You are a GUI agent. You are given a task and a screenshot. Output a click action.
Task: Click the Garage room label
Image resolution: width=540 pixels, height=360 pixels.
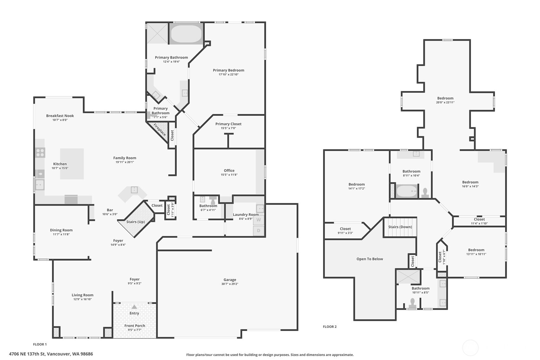(230, 280)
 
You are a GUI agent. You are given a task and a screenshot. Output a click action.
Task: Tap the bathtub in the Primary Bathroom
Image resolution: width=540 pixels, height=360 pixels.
(186, 34)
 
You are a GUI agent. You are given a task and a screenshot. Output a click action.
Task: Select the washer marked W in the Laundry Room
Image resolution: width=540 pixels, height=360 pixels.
(259, 220)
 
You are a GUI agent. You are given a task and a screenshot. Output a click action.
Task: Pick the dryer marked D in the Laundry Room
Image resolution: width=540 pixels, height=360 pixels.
(259, 231)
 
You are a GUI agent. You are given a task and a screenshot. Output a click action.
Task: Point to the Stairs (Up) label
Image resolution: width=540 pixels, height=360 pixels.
(136, 222)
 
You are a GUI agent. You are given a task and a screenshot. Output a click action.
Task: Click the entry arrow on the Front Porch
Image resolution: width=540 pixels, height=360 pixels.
(134, 307)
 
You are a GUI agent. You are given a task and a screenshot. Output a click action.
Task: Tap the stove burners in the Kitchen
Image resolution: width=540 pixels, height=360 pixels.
(40, 153)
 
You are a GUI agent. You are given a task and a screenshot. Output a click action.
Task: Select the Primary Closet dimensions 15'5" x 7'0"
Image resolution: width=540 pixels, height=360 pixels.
(228, 128)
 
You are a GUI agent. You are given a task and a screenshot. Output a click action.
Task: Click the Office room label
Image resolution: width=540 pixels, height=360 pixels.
(229, 171)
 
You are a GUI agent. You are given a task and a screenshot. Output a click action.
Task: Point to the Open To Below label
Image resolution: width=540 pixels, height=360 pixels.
(370, 259)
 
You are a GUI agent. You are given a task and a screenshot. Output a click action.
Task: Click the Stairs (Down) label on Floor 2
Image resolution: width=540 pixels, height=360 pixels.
(400, 227)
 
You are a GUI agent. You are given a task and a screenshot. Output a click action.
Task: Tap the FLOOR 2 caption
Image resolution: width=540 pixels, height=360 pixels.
(330, 327)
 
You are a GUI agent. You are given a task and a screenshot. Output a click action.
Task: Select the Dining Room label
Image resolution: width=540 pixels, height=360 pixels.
(61, 230)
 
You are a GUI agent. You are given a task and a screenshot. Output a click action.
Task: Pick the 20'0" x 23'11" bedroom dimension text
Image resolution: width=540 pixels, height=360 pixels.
(445, 102)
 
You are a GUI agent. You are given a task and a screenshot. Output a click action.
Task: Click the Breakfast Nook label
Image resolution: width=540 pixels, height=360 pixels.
(60, 116)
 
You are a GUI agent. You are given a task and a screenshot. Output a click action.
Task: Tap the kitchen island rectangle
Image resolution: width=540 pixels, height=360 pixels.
(72, 164)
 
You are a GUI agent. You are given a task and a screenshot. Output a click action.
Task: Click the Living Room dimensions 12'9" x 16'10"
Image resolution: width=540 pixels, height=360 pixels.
(82, 299)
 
